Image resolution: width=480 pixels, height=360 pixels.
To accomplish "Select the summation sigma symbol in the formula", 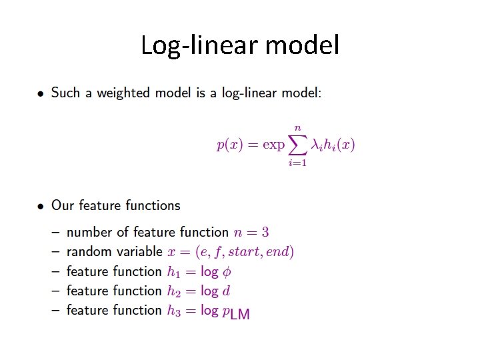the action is tap(297, 144).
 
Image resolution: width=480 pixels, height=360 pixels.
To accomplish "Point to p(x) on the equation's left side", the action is tap(230, 145).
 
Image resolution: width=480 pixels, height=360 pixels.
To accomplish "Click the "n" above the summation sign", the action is tap(297, 127).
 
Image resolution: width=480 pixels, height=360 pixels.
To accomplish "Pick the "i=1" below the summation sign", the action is tap(297, 163).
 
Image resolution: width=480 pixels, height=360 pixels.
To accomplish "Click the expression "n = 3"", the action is tap(251, 233).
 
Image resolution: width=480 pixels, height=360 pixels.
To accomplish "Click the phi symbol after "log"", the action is tap(227, 272).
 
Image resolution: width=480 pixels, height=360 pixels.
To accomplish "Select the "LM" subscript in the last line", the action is tap(239, 314).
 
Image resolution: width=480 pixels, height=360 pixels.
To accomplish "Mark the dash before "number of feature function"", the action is tap(54, 233).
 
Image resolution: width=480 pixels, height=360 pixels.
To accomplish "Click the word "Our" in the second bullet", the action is tap(62, 205).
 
